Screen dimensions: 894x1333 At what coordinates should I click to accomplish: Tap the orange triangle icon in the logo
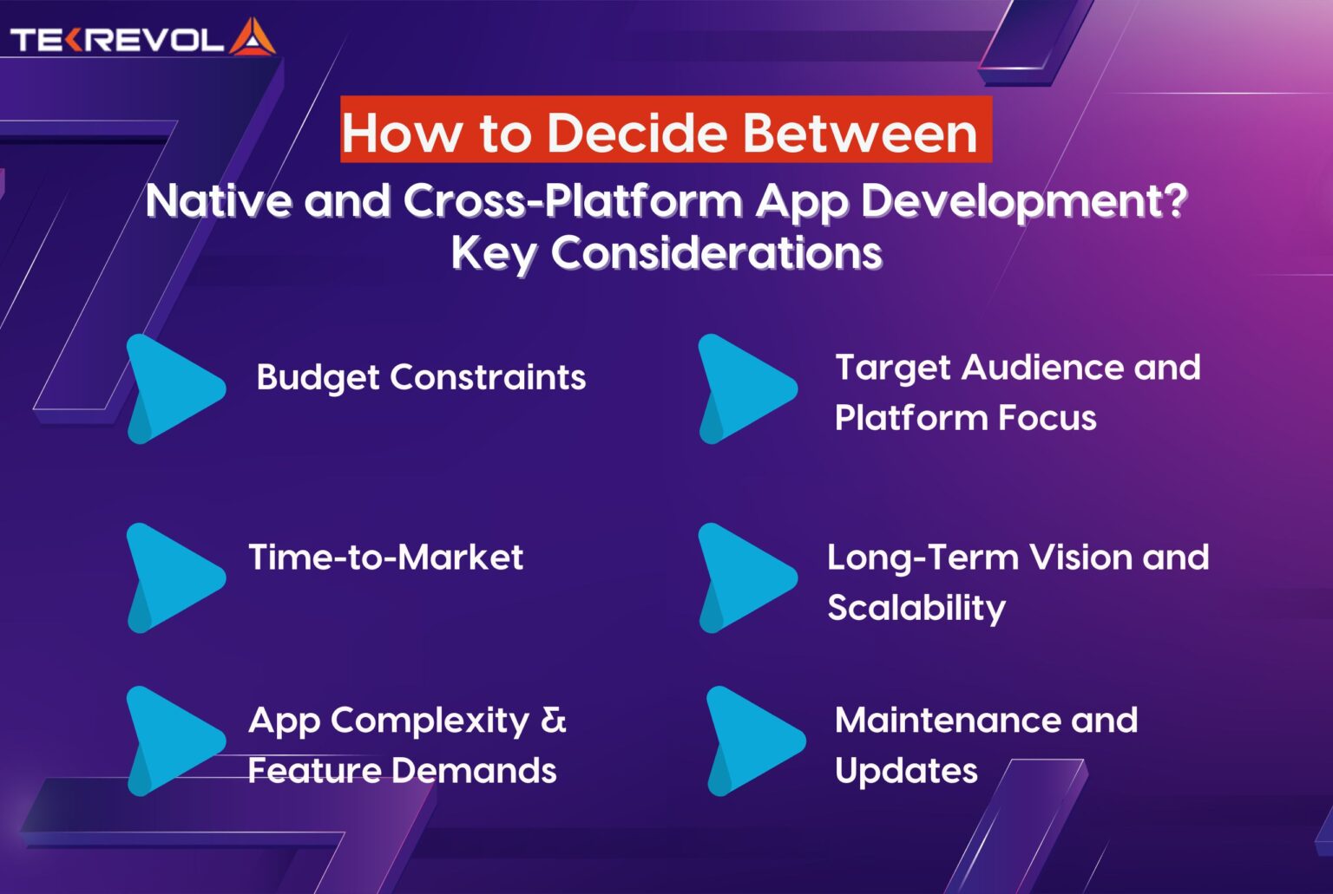pos(253,38)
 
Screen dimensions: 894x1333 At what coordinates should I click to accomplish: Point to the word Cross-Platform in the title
pos(573,201)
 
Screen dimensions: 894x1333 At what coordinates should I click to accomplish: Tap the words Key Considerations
pos(666,253)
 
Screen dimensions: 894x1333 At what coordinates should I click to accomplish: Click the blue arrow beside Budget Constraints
pos(174,388)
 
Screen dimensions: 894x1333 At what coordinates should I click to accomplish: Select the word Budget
pos(318,378)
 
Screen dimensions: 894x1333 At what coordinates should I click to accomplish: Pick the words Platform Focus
pos(965,418)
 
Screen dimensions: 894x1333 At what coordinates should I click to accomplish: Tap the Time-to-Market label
pos(385,557)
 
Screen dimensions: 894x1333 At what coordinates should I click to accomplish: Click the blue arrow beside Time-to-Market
pos(174,577)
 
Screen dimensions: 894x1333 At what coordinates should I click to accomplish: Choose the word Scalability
pos(916,608)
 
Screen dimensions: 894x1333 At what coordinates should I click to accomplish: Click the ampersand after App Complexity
pos(554,720)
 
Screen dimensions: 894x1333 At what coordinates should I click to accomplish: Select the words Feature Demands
pos(402,770)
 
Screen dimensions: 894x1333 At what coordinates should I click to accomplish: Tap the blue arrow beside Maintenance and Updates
pos(753,741)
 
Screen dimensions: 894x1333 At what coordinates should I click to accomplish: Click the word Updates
pos(906,771)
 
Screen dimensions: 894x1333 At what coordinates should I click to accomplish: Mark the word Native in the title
pos(219,201)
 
